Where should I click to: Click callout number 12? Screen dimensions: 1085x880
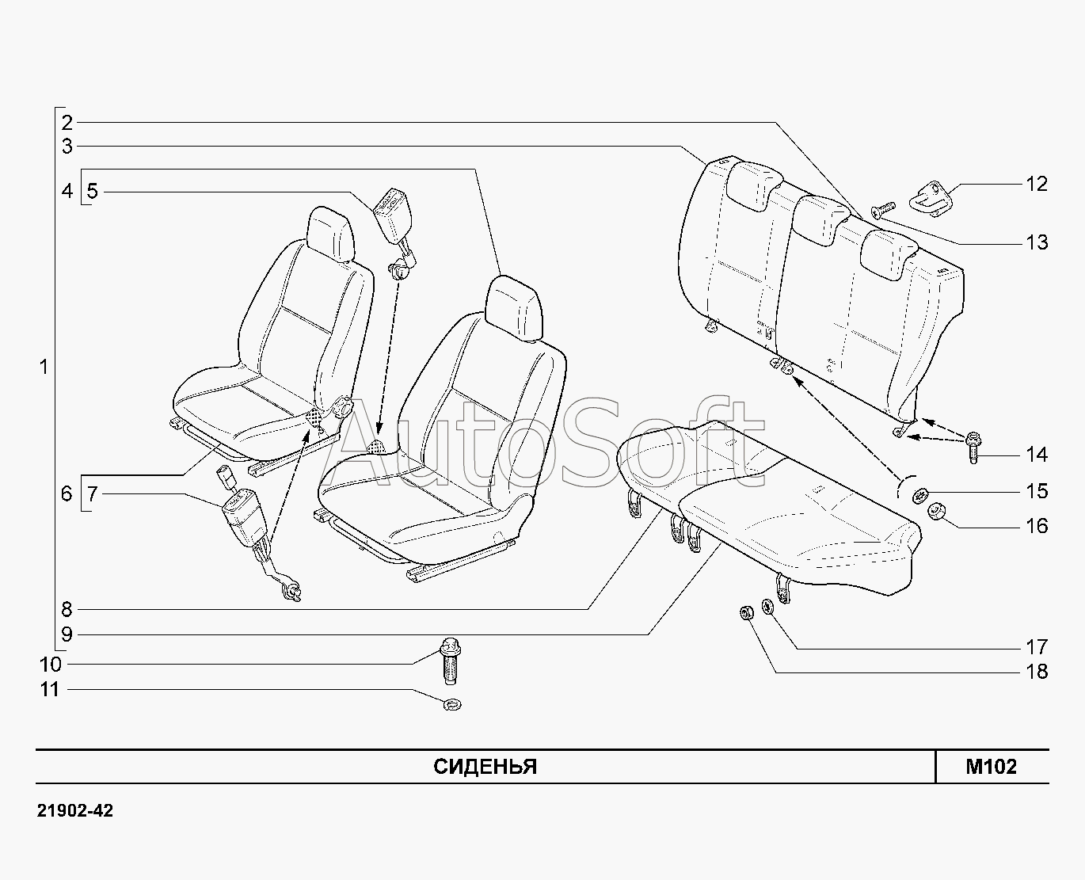click(x=1036, y=184)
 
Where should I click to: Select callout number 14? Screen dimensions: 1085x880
click(x=1036, y=455)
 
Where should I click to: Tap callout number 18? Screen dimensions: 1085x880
click(x=1036, y=672)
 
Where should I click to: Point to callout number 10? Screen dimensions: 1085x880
click(x=50, y=664)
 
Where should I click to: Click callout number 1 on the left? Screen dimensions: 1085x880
click(x=44, y=368)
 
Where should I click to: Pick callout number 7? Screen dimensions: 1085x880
click(x=93, y=494)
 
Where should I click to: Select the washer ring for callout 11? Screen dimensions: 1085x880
click(x=453, y=703)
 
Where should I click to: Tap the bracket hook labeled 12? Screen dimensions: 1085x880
click(x=935, y=192)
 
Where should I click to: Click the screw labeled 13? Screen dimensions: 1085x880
click(x=881, y=209)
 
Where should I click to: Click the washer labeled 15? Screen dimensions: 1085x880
click(x=920, y=495)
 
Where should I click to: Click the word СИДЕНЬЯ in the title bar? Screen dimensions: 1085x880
click(x=485, y=767)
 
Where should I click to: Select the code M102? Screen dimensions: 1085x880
click(x=991, y=767)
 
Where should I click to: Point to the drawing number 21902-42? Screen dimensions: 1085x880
click(x=75, y=811)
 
